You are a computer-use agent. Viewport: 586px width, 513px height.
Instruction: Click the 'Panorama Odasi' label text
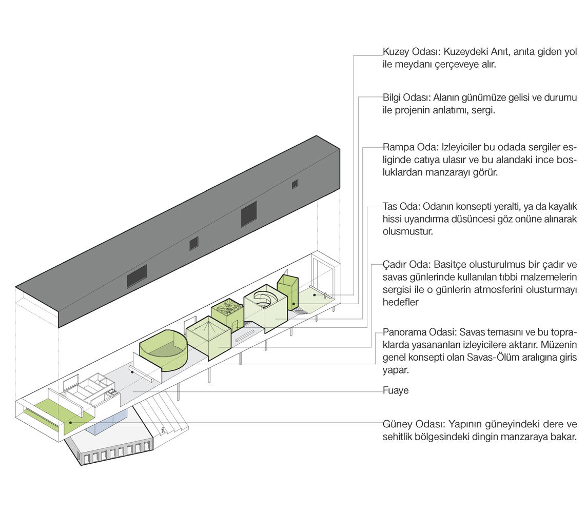(415, 331)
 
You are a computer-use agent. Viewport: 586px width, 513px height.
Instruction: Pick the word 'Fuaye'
(396, 390)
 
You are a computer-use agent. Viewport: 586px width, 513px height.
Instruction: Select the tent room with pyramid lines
(207, 337)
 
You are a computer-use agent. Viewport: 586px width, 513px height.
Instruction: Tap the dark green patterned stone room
(226, 310)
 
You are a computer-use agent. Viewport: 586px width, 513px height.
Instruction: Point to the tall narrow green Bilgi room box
(287, 290)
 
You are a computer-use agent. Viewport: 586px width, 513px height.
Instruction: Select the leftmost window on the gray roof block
(136, 275)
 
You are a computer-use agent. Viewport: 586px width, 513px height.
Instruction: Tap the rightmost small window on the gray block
(295, 184)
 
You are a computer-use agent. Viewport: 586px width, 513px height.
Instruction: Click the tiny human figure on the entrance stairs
(163, 430)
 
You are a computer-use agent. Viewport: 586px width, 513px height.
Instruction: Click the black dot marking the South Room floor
(71, 423)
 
